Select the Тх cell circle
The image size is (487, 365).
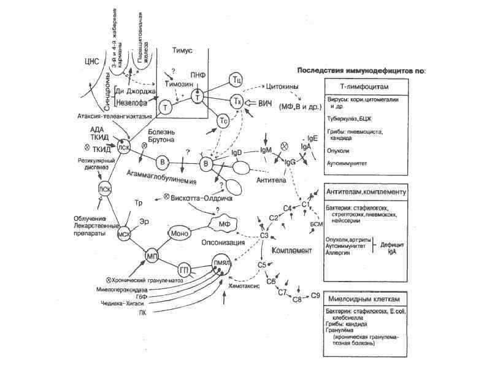(236, 100)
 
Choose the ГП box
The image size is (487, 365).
(183, 269)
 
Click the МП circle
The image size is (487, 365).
(152, 254)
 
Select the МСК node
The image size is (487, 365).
(125, 234)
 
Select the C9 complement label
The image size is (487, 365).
(315, 296)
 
